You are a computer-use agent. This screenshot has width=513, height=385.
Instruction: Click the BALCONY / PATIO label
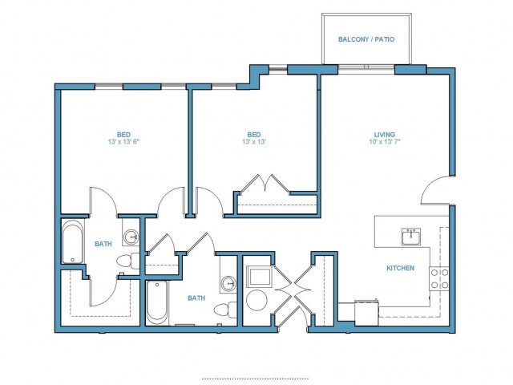366,39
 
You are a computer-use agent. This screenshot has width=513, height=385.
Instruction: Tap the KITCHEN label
401,268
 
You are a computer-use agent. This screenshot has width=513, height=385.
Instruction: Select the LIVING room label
385,134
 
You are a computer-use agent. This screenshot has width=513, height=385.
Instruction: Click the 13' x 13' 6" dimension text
123,142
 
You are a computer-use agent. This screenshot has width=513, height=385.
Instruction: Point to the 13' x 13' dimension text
254,142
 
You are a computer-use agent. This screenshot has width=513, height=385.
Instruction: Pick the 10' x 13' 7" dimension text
385,142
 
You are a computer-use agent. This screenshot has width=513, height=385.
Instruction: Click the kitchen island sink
411,237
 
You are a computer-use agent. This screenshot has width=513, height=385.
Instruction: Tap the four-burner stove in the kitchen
439,278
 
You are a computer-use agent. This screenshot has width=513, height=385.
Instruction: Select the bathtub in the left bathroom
73,241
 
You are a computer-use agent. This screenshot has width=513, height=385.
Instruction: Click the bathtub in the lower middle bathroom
157,302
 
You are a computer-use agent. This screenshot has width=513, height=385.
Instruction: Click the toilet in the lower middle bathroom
225,310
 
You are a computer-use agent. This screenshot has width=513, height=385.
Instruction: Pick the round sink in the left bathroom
131,236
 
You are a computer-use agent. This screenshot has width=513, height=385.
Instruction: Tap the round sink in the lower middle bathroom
228,283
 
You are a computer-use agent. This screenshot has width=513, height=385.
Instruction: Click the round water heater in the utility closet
256,300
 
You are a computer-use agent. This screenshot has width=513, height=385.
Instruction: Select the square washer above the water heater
259,277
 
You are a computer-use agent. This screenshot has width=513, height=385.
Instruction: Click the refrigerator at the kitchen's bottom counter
367,313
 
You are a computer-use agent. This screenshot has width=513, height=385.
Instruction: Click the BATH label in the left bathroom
103,244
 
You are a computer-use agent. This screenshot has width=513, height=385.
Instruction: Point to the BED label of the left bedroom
123,134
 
